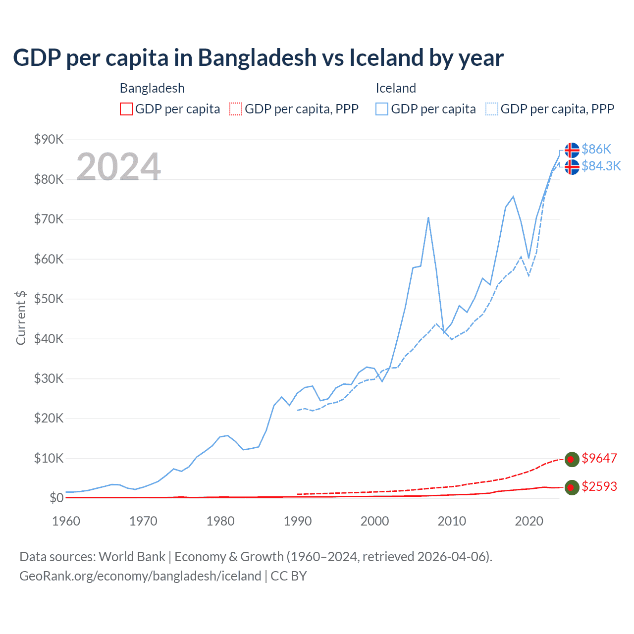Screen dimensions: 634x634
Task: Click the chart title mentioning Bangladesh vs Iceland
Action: coord(258,57)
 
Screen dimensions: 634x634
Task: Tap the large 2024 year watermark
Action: coord(118,167)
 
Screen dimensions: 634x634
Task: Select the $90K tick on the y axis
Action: coord(49,139)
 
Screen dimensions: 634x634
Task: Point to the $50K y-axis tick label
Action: coord(49,299)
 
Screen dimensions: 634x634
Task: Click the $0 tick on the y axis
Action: coord(56,498)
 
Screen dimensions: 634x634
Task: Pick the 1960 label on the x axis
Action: coord(66,521)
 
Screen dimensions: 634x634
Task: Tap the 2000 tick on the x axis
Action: coord(375,521)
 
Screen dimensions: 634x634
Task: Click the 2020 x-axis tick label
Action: coord(529,521)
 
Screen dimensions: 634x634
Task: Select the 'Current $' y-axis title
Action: coord(21,317)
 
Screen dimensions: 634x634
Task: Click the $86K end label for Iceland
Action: coord(596,149)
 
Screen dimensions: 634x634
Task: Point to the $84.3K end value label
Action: coord(601,166)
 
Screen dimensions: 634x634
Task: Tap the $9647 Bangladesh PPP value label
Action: coord(599,458)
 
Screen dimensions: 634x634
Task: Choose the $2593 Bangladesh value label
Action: coord(599,486)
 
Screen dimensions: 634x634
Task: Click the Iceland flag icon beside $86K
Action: coord(572,150)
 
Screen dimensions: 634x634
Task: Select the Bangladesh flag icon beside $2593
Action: coord(572,487)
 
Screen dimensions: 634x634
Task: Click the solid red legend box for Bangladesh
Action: coord(126,109)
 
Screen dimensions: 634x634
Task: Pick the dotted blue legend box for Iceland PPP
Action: coord(492,109)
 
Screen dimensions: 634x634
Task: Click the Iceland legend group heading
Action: coord(396,88)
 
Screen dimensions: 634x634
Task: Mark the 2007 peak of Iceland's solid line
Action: coord(428,217)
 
